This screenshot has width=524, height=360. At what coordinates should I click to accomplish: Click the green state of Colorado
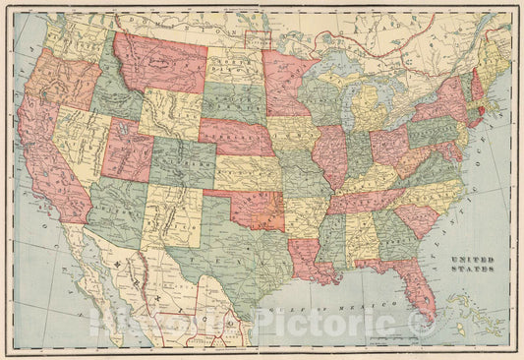pos(182,161)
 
